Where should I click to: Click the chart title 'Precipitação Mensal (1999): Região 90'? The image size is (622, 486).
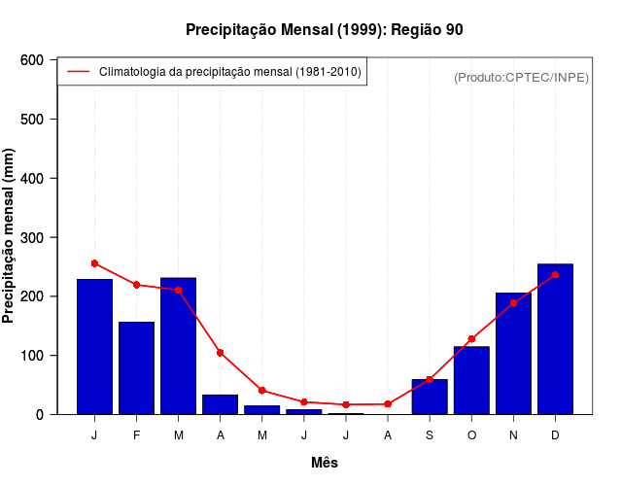(x=324, y=30)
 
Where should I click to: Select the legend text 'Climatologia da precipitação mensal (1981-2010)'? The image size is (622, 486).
(x=230, y=72)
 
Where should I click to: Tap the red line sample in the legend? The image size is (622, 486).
(x=78, y=72)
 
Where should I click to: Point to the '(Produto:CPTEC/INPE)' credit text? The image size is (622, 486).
(x=521, y=77)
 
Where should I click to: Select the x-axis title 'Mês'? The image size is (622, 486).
(x=324, y=463)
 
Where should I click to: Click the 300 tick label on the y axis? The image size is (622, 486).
(x=33, y=237)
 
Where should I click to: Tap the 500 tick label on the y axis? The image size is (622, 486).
(x=33, y=120)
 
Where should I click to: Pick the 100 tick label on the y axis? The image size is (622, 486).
(x=33, y=356)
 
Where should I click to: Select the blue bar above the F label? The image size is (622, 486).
(x=136, y=367)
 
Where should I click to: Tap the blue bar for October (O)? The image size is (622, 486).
(x=471, y=380)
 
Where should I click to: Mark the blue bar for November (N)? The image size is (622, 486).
(x=513, y=353)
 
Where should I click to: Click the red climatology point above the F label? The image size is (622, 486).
(x=136, y=285)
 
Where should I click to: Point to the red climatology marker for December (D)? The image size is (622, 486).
(x=555, y=275)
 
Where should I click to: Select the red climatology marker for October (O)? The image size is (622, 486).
(x=471, y=339)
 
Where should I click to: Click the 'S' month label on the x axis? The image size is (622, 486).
(x=430, y=435)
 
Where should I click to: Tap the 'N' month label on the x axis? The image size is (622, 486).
(x=513, y=435)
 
